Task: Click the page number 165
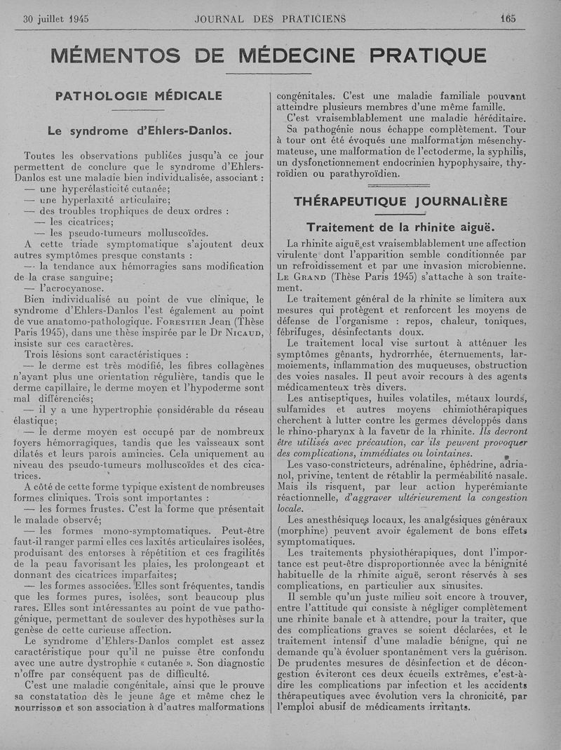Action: point(508,19)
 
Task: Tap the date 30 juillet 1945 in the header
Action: point(56,19)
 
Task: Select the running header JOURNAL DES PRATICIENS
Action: point(270,19)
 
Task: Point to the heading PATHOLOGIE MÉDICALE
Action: point(138,95)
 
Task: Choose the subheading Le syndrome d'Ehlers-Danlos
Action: point(139,130)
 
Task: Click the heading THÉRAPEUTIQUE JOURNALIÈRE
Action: point(400,201)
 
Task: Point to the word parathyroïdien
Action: point(364,174)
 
